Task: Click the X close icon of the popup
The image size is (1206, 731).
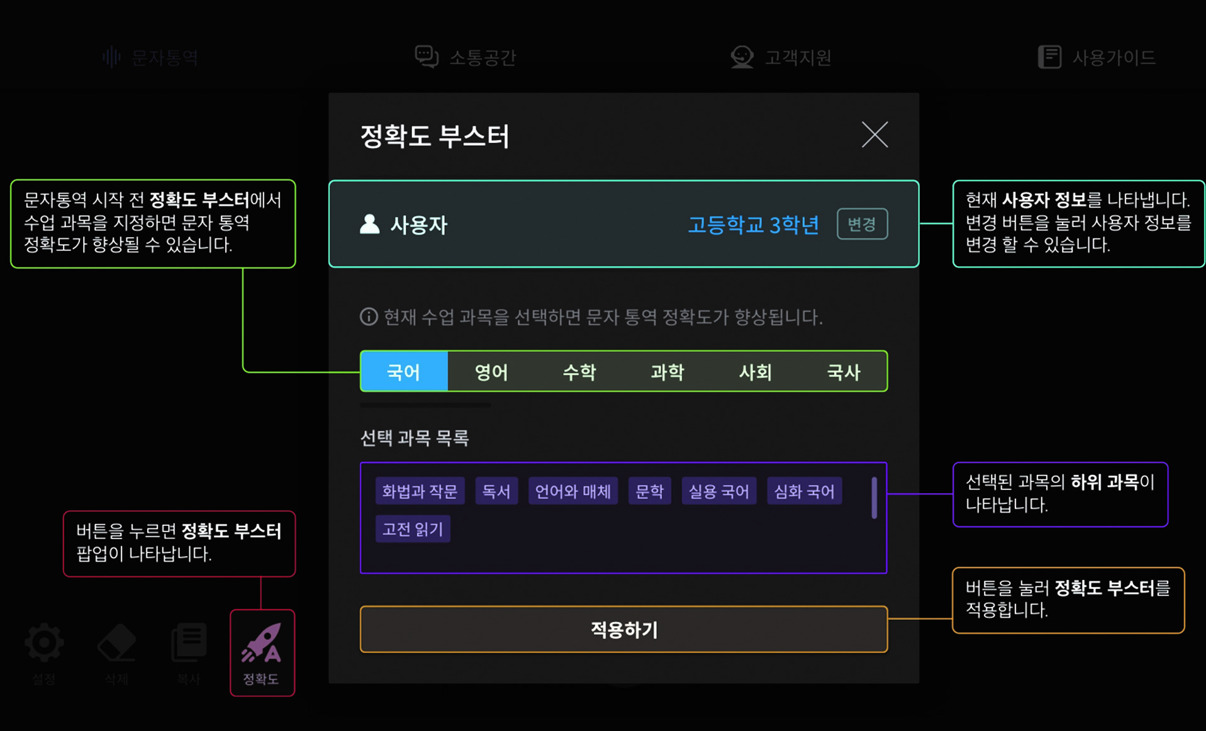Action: tap(874, 135)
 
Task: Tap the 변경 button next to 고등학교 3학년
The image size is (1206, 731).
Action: tap(862, 224)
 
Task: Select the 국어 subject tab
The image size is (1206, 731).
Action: tap(404, 372)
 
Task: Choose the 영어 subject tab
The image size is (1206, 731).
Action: tap(491, 372)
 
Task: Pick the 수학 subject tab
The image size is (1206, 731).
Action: tap(579, 372)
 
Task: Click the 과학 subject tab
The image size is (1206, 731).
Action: tap(667, 372)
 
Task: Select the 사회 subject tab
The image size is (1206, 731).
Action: tap(755, 372)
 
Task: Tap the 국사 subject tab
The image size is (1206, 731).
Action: tap(843, 372)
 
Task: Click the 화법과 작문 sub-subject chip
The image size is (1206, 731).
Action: tap(420, 491)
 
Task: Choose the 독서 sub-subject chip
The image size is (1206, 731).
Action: tap(496, 491)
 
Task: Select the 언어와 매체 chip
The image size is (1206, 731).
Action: tap(573, 491)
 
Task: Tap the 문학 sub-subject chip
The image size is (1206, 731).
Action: tap(649, 491)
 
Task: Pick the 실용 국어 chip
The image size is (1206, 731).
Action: tap(718, 491)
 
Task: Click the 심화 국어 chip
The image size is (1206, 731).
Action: tap(804, 491)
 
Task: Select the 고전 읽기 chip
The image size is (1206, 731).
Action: tap(413, 529)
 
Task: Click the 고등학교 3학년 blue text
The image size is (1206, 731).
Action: tap(753, 225)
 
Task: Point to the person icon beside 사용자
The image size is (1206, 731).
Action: tap(370, 224)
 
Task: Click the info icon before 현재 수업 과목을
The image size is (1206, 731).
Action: tap(369, 316)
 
